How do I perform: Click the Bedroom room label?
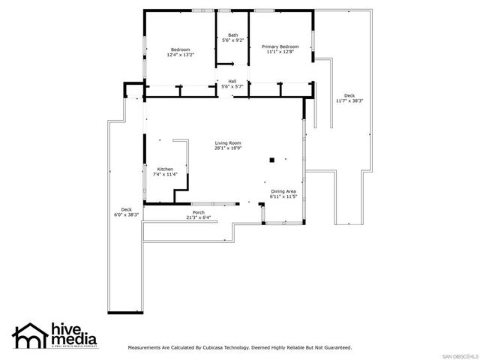click(x=180, y=49)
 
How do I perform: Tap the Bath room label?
click(x=233, y=35)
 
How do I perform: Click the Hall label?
click(x=232, y=81)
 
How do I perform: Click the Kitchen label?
click(x=164, y=169)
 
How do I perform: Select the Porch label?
click(x=198, y=213)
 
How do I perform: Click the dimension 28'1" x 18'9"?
click(x=228, y=148)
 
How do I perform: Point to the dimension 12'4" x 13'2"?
click(x=180, y=55)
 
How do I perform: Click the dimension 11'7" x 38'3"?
click(x=349, y=100)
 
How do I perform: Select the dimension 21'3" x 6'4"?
click(x=198, y=218)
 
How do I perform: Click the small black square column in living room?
click(x=274, y=159)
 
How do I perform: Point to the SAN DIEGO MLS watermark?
click(x=458, y=355)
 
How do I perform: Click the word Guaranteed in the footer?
click(x=334, y=348)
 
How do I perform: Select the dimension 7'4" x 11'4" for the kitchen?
click(x=164, y=174)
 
